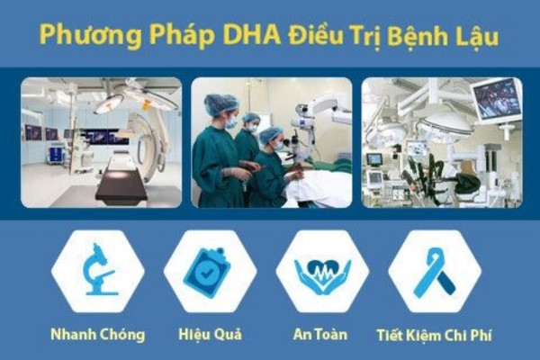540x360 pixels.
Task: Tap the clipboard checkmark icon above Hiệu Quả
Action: (x=207, y=273)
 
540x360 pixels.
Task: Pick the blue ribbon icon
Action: (x=435, y=273)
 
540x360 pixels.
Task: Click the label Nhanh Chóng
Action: (x=98, y=335)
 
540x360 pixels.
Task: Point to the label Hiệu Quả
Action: (x=210, y=335)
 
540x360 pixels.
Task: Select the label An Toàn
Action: (x=320, y=334)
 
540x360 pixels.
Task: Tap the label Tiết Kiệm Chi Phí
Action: (x=434, y=335)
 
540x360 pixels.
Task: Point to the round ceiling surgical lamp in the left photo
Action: (x=109, y=103)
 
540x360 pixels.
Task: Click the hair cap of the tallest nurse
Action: (x=221, y=104)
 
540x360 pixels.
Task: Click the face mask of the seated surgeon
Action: (x=277, y=146)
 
